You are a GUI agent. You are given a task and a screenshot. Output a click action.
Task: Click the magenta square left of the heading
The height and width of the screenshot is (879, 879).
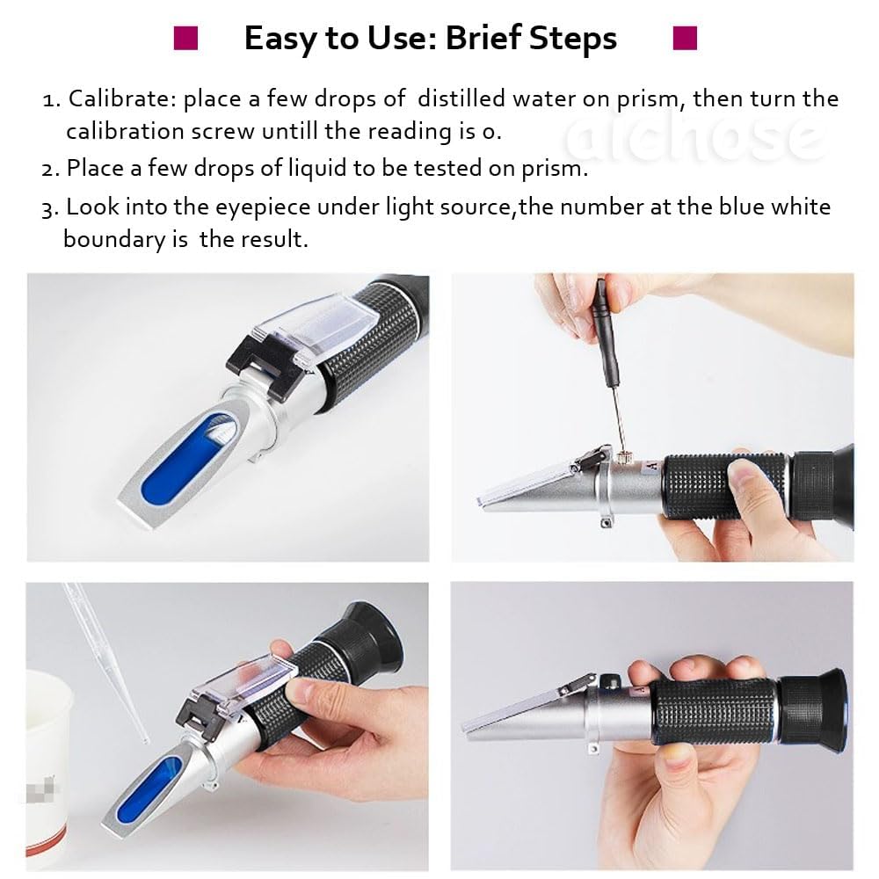click(x=185, y=39)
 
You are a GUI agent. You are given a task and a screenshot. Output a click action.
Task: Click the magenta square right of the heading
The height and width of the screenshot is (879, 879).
click(x=684, y=38)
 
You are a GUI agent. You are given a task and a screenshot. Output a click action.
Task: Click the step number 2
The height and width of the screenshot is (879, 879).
click(x=49, y=169)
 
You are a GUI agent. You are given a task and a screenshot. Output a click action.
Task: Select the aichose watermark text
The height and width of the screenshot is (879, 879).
click(x=694, y=137)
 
